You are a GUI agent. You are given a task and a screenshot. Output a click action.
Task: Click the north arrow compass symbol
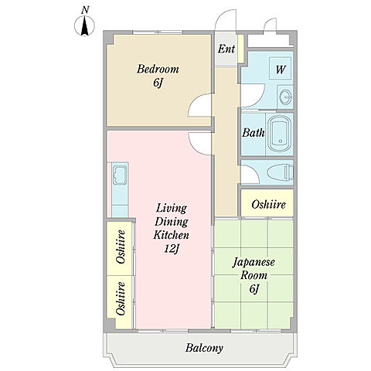click(x=85, y=26)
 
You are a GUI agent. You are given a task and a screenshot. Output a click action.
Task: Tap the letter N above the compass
click(x=85, y=10)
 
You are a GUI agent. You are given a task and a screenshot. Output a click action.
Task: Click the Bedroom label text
click(x=158, y=70)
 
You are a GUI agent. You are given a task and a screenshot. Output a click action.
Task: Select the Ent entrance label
click(x=226, y=49)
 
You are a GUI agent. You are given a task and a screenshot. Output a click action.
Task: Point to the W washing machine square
click(x=281, y=68)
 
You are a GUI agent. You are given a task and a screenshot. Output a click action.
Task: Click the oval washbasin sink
click(x=285, y=97)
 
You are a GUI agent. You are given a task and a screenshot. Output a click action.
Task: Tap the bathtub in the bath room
click(x=280, y=134)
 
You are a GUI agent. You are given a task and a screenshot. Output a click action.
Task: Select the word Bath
click(x=254, y=133)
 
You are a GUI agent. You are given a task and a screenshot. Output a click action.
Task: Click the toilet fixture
click(x=281, y=172)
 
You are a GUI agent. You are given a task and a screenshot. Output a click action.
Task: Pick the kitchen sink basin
click(x=120, y=175)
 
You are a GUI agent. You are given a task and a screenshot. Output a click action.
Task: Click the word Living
click(x=172, y=209)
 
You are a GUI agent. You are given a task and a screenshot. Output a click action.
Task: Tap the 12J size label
click(x=172, y=249)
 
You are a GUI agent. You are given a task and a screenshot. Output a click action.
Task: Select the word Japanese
click(x=254, y=263)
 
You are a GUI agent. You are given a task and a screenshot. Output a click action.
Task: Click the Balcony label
click(x=204, y=348)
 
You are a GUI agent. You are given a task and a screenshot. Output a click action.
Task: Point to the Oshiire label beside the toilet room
click(x=268, y=205)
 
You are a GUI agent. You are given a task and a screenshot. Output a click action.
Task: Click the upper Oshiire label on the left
click(x=121, y=247)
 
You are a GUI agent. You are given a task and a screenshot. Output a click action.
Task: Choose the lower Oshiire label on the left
click(x=121, y=299)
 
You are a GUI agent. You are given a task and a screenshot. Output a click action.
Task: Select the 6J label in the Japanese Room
click(x=254, y=289)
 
